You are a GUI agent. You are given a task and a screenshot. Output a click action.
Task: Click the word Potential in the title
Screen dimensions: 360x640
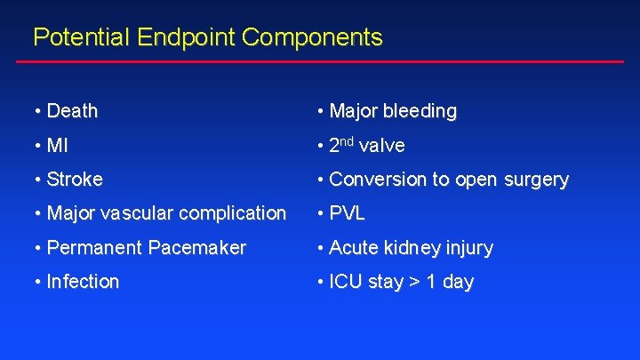[81, 37]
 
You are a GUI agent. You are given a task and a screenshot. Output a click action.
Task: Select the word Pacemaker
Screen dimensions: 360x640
[200, 248]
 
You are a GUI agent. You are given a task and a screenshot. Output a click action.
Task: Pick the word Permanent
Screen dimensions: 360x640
[96, 248]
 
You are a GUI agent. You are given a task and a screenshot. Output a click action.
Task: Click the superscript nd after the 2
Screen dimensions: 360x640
[349, 140]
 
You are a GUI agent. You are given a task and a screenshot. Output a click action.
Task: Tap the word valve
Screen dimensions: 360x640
[382, 145]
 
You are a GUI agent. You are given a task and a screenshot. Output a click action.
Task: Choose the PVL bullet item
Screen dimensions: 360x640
[347, 213]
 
